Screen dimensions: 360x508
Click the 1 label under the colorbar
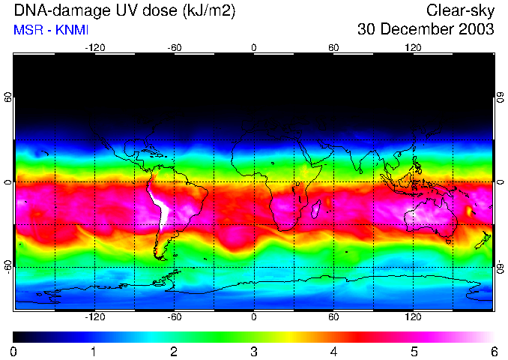94,351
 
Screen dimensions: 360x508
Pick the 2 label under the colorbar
174,351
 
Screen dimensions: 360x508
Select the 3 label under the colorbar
254,351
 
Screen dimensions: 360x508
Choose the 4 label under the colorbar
333,351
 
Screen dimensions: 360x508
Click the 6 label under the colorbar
493,351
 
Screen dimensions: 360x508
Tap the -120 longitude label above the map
94,48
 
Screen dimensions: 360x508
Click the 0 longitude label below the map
254,317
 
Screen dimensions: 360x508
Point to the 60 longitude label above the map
333,48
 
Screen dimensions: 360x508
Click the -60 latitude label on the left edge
7,267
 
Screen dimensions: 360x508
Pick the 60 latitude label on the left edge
7,97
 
